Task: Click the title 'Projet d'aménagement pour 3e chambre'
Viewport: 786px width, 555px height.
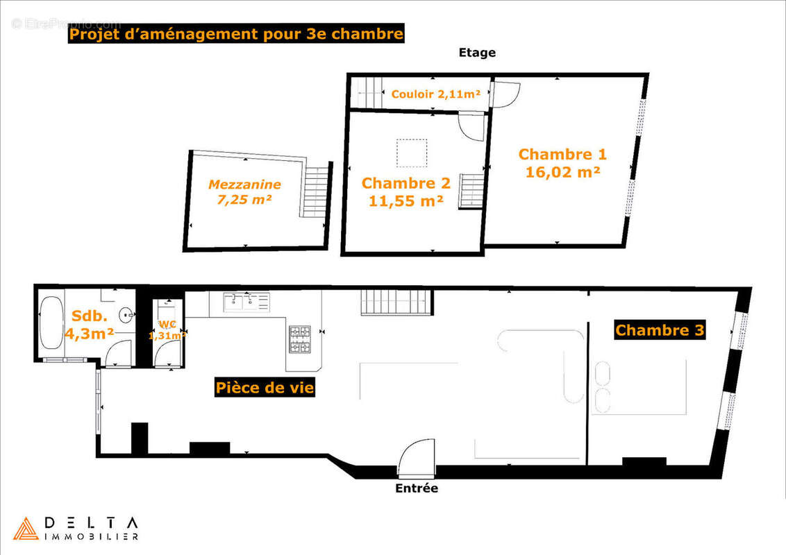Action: click(235, 34)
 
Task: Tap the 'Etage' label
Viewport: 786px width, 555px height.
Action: click(477, 53)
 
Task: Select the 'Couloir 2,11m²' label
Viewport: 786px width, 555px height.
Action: click(436, 94)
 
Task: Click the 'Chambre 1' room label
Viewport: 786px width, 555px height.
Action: click(562, 155)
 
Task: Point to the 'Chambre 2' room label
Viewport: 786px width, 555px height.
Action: click(406, 184)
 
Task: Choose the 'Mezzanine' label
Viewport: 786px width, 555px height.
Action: click(244, 185)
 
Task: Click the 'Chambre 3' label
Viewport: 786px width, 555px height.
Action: click(660, 330)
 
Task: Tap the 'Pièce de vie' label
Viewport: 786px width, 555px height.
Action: click(265, 388)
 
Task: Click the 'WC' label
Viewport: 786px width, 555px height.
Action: click(168, 324)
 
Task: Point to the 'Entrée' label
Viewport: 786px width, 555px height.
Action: click(417, 488)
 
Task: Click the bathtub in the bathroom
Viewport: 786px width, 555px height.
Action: click(51, 324)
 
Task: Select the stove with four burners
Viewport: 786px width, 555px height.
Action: click(300, 339)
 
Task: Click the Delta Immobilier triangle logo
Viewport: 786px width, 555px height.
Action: click(26, 529)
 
